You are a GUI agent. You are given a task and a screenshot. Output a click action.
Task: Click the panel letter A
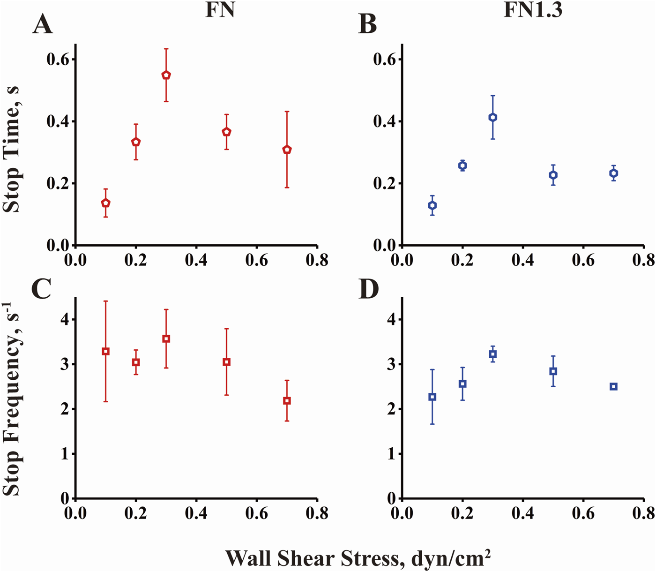(42, 24)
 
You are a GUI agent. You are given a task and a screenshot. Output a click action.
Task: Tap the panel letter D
(368, 289)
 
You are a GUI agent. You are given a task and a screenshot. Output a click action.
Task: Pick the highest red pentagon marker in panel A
(166, 75)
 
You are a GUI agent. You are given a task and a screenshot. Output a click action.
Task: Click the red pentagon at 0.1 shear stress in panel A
(106, 203)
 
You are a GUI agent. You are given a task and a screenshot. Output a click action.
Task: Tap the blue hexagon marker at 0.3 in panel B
(492, 117)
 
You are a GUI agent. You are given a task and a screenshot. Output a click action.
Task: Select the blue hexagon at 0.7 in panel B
(613, 173)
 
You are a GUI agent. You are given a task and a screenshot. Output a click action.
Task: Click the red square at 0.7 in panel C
(287, 401)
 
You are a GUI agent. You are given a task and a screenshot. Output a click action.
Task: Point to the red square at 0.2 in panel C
(136, 362)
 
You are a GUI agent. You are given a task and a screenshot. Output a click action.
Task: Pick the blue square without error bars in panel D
(613, 386)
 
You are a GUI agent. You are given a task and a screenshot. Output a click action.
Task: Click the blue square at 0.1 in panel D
(432, 397)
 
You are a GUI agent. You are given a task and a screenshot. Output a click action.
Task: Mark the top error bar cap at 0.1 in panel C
(106, 301)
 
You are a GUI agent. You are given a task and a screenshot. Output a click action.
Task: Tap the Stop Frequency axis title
(11, 399)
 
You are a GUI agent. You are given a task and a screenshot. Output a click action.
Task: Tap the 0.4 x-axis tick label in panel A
(196, 260)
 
